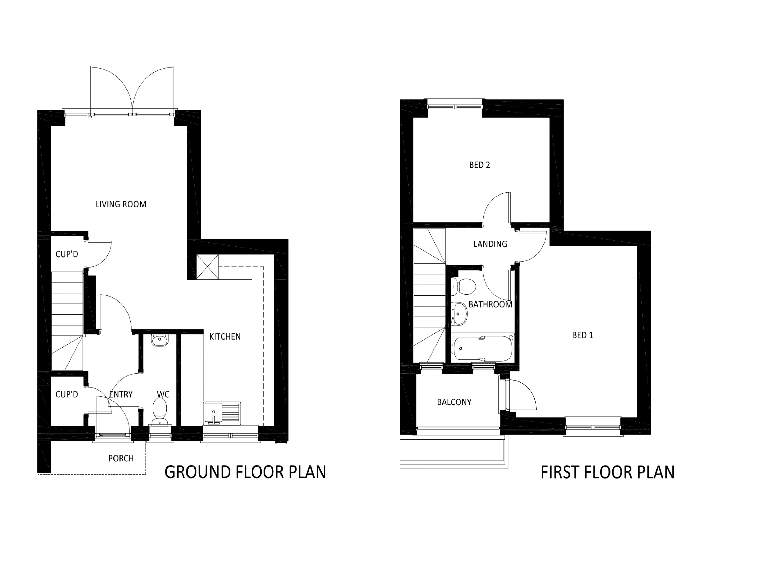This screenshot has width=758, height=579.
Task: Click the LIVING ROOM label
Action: click(121, 204)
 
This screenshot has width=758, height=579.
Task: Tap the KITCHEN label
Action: click(225, 337)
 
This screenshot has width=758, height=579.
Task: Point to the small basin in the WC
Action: click(160, 340)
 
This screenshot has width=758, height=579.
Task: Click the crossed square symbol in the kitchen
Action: click(207, 267)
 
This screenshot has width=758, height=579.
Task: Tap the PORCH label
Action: click(121, 458)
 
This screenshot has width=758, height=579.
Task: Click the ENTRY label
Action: click(121, 394)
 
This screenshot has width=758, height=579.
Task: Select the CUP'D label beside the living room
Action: click(67, 254)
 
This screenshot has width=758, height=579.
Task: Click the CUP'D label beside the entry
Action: click(67, 394)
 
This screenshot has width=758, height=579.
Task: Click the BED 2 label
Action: click(479, 165)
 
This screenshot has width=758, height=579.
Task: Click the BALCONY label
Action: click(454, 402)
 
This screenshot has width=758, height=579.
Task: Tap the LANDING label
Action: click(490, 244)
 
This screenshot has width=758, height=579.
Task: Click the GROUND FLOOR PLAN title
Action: click(245, 472)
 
